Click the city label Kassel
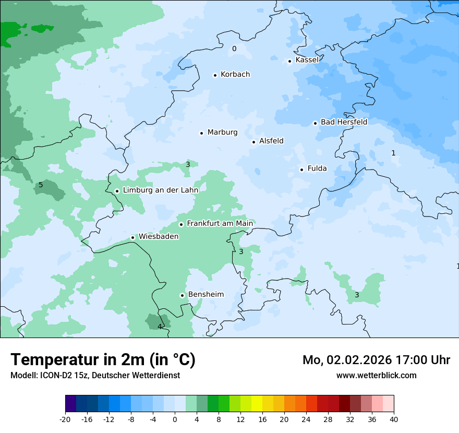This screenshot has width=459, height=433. coord(307,60)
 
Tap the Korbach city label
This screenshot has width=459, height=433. coord(235,75)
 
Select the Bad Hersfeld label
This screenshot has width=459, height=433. coord(344,122)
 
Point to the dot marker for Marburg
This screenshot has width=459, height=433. coord(201,133)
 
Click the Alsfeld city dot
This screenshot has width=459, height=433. coord(253,142)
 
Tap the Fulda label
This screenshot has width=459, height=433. coord(317,169)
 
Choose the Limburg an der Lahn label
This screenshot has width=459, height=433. coord(160,190)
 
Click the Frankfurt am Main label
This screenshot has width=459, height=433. coord(220,223)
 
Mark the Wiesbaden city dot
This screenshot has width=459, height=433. coord(133,237)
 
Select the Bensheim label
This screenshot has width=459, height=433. coord(206,294)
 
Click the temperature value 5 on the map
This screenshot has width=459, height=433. coord(41,185)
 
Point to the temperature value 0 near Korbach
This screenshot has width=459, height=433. coord(234,49)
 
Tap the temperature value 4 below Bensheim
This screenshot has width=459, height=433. coord(160,327)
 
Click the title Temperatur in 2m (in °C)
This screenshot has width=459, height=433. coord(103,360)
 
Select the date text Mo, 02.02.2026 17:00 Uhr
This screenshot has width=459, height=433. coord(376,360)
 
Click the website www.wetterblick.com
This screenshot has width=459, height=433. coord(376,375)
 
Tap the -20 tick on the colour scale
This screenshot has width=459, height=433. coord(65,419)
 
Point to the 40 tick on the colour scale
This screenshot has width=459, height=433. coord(393,419)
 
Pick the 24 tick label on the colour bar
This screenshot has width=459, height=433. coord(306,419)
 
